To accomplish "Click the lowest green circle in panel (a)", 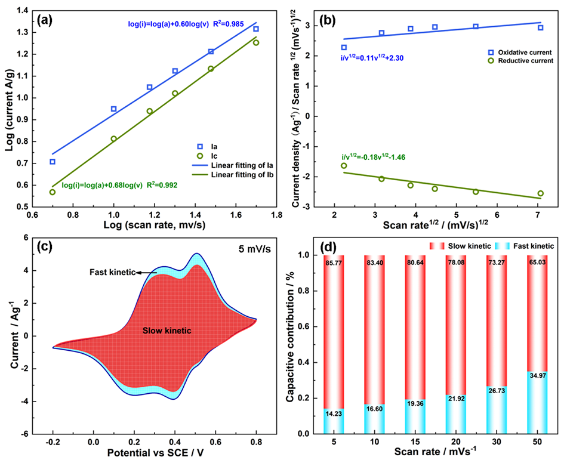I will [53, 192].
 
